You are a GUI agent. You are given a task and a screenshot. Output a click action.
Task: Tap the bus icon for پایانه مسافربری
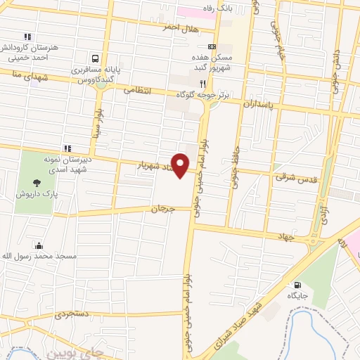pos(94,58)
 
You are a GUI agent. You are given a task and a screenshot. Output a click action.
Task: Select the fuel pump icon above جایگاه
pos(296,285)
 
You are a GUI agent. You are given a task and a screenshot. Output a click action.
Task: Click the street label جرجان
pos(160,209)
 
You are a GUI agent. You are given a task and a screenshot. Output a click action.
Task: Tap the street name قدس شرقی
pos(288,179)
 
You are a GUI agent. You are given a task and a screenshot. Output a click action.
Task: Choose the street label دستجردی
pos(71,315)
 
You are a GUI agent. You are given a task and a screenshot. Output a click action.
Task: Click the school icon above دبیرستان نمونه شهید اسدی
pos(67,148)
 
